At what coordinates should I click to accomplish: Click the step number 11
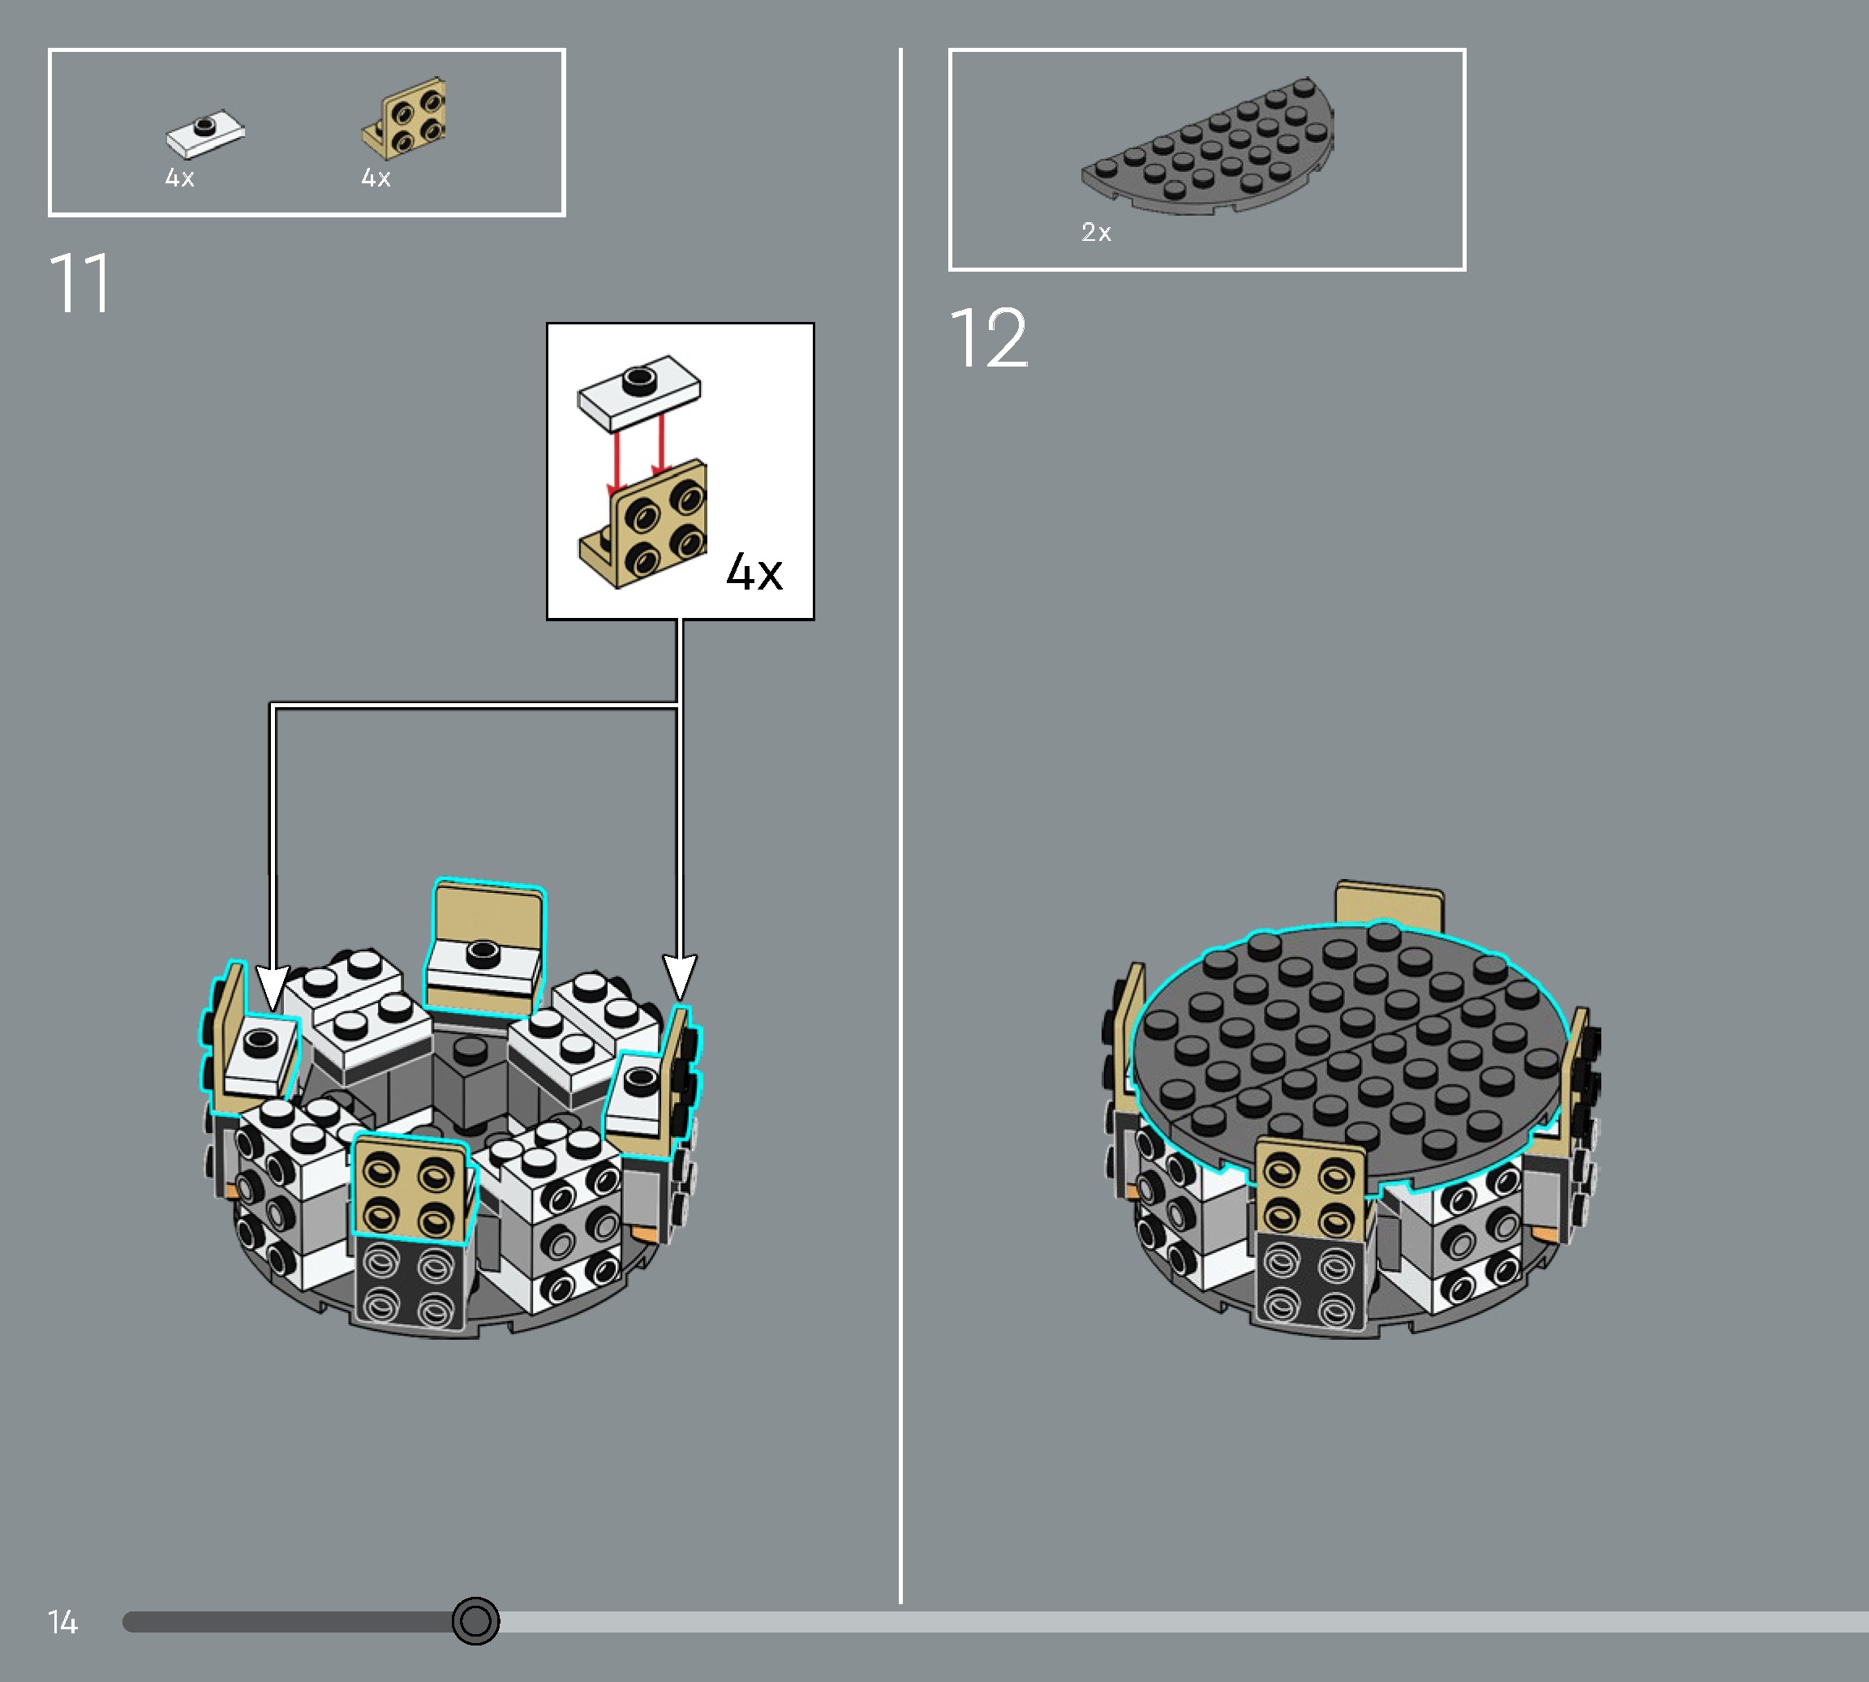(79, 284)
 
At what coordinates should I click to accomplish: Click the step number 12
(988, 339)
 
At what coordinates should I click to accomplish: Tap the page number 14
(62, 1622)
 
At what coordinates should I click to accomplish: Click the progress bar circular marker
(475, 1620)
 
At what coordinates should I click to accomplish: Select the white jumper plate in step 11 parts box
(205, 134)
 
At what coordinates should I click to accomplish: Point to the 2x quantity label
(1095, 232)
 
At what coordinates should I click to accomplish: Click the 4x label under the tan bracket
(376, 178)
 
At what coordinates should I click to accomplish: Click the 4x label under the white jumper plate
(179, 178)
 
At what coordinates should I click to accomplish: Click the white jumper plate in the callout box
(638, 392)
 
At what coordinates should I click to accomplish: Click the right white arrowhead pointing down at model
(680, 977)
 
